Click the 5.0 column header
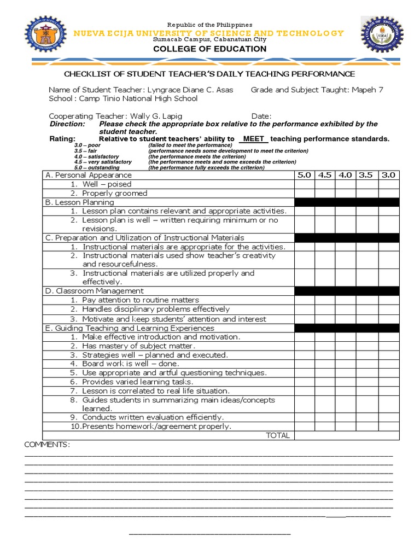[305, 176]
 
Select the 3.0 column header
[389, 176]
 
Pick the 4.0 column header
[345, 176]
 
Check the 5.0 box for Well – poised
[305, 184]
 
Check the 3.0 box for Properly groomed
[389, 193]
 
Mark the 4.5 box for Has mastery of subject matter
[325, 346]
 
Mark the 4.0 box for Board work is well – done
[345, 364]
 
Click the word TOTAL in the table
[277, 436]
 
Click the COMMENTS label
[46, 445]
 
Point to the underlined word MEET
[253, 139]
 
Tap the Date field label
[261, 116]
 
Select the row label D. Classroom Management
[95, 291]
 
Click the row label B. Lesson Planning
[80, 202]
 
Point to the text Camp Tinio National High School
[138, 98]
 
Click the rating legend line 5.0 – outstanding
[97, 168]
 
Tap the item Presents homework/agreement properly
[150, 427]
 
